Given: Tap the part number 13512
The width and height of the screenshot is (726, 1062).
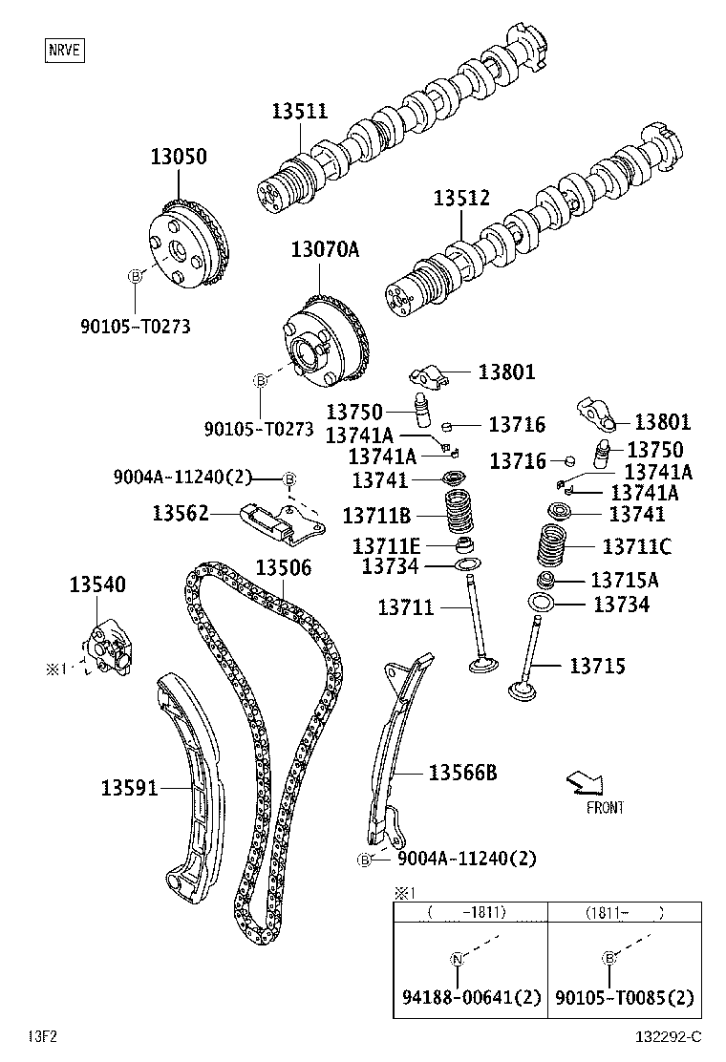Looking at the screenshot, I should click(460, 199).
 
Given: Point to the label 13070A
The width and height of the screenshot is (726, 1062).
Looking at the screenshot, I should click(325, 250).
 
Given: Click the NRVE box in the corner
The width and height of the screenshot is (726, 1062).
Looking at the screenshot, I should click(64, 49).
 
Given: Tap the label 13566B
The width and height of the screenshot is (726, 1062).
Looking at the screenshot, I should click(462, 773).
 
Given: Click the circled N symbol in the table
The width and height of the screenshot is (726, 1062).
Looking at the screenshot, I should click(457, 959).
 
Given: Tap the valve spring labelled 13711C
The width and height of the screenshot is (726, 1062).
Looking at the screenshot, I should click(551, 547).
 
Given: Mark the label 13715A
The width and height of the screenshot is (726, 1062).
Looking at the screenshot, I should click(625, 580).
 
